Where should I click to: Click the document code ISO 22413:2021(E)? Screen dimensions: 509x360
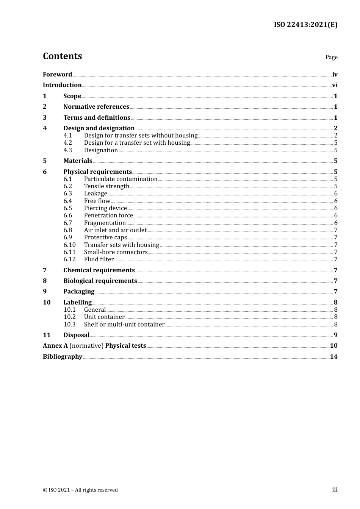305,25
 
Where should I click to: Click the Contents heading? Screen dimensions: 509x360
62,56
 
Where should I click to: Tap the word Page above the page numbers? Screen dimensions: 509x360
331,57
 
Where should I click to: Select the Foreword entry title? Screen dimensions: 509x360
57,75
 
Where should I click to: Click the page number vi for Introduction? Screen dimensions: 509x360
335,85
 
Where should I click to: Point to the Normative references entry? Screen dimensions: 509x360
96,107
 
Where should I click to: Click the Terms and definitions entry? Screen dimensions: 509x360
97,118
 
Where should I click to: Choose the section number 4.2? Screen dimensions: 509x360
67,143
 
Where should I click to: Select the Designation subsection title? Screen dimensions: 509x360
101,150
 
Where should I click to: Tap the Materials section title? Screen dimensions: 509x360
78,161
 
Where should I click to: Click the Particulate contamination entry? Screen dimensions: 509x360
121,179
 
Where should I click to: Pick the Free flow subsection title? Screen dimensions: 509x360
97,201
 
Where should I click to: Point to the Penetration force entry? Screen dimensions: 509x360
108,215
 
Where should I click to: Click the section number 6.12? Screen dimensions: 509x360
69,259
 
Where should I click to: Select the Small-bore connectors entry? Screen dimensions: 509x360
116,252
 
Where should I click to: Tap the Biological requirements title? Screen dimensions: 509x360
100,281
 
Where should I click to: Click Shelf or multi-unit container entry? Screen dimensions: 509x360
124,325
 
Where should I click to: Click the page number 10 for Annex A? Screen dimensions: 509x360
333,346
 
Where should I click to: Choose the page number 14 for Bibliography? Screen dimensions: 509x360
333,357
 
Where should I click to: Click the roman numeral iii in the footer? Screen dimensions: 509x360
335,490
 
